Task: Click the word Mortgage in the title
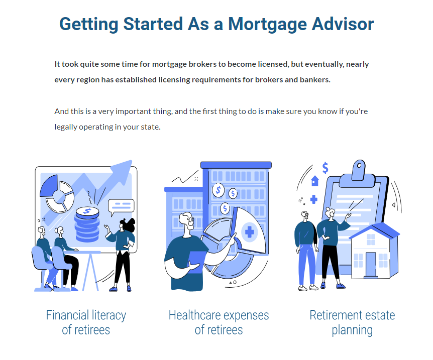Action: (267, 24)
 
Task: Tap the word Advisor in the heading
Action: (343, 24)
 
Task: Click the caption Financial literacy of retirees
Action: (86, 322)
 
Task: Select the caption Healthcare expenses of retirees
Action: (219, 322)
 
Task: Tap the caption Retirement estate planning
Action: (352, 322)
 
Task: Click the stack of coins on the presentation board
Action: (87, 224)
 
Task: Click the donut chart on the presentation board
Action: (57, 193)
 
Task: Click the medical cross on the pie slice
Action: (249, 232)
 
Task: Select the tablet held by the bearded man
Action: (197, 261)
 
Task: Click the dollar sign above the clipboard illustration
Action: (326, 168)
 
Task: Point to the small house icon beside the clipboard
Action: (315, 181)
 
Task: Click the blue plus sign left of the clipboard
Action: (314, 199)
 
